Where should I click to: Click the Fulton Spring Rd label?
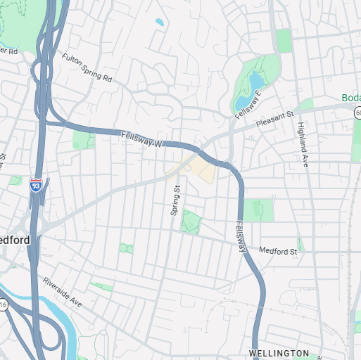[87, 68]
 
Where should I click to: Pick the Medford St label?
[279, 250]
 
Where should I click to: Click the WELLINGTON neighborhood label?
[279, 353]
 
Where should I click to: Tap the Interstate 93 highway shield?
[35, 186]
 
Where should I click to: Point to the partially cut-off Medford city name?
[15, 240]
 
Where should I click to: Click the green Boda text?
[350, 98]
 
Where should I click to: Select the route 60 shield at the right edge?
[357, 112]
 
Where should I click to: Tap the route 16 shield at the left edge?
[3, 304]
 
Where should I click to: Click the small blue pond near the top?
[159, 22]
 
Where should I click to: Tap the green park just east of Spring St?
[190, 223]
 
